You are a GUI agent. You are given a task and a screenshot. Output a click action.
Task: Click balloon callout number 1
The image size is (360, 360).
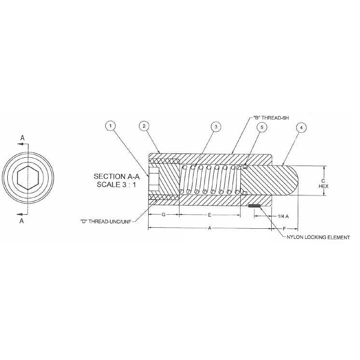click(111, 126)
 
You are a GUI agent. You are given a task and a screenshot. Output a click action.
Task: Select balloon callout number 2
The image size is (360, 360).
click(143, 126)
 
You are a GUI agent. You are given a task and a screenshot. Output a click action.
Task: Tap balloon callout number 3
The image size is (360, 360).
click(216, 126)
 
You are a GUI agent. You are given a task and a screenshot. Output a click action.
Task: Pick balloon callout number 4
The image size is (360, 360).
click(301, 127)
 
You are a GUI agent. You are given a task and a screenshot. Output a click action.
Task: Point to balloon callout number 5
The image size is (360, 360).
click(262, 126)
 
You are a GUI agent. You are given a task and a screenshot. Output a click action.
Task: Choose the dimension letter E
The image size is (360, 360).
click(210, 213)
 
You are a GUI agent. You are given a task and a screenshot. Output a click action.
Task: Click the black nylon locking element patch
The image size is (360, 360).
click(254, 207)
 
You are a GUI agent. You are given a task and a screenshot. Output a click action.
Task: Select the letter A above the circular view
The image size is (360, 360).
click(22, 138)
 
